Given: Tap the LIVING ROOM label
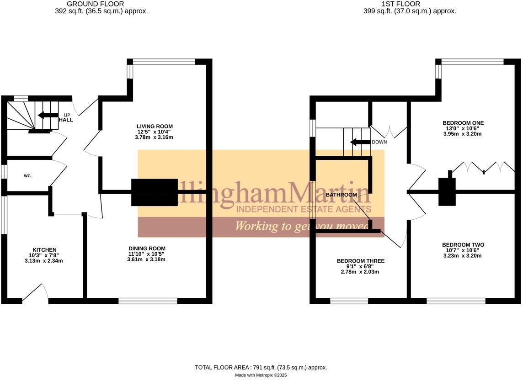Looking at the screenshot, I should (155, 126).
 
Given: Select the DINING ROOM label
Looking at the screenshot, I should (146, 248).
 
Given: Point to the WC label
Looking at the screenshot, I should (27, 175).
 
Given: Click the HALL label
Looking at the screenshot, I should (66, 120).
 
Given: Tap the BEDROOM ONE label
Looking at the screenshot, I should (463, 123).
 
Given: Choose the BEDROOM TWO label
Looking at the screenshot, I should (463, 245).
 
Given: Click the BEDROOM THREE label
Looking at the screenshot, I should (360, 261).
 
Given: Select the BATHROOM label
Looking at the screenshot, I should (341, 195).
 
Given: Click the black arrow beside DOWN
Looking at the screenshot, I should (360, 142).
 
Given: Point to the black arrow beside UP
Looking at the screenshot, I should (48, 115).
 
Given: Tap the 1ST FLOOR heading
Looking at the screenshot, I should (410, 4).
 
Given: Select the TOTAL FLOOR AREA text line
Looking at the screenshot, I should (261, 367).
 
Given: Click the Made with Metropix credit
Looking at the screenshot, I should (261, 375).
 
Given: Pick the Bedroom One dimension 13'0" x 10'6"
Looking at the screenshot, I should (463, 128).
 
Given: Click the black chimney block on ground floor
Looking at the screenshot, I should (155, 192).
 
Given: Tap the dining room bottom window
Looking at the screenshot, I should (148, 301).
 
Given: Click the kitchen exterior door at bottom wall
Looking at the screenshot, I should (35, 295).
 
